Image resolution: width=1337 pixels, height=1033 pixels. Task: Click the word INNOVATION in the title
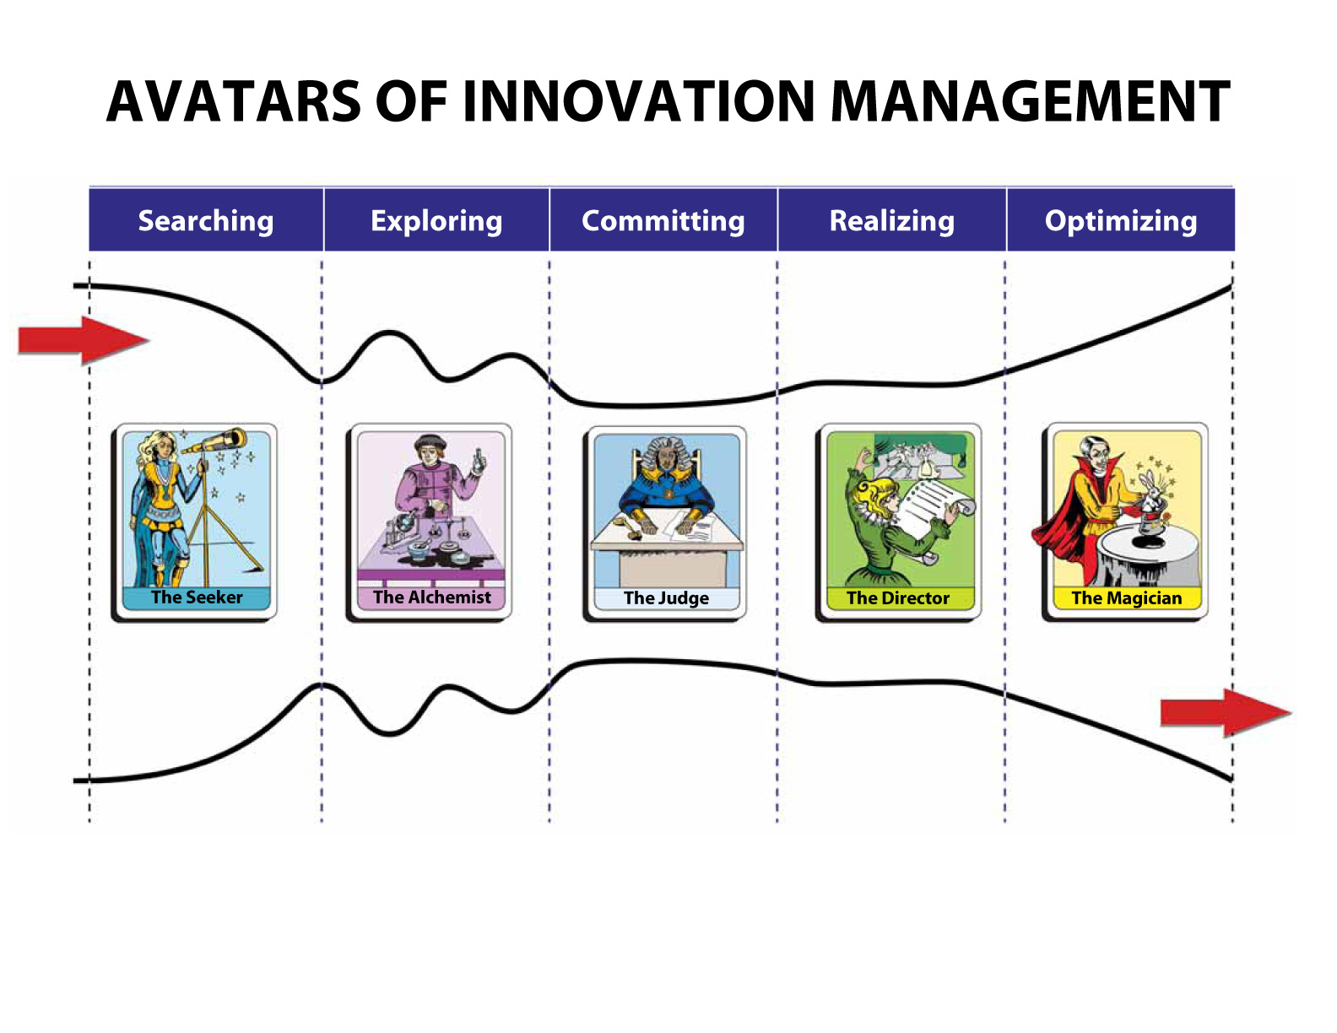click(638, 102)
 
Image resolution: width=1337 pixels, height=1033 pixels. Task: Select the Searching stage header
click(206, 220)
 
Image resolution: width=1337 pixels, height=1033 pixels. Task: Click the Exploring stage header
click(436, 220)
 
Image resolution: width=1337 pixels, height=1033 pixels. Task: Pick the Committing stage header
click(663, 220)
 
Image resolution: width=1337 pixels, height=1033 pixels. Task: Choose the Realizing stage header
click(892, 220)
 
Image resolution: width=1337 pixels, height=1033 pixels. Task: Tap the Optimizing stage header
click(1121, 220)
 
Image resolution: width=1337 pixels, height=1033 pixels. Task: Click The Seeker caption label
click(197, 598)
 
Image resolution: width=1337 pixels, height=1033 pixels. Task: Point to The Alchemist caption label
click(431, 598)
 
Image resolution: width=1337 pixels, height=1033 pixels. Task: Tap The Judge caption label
click(666, 598)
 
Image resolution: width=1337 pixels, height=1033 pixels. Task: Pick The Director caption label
click(898, 598)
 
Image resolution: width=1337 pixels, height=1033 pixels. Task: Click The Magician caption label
click(1126, 598)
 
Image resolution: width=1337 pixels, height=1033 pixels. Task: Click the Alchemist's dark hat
click(430, 441)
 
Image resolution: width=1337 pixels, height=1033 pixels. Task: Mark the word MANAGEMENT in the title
click(1030, 102)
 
